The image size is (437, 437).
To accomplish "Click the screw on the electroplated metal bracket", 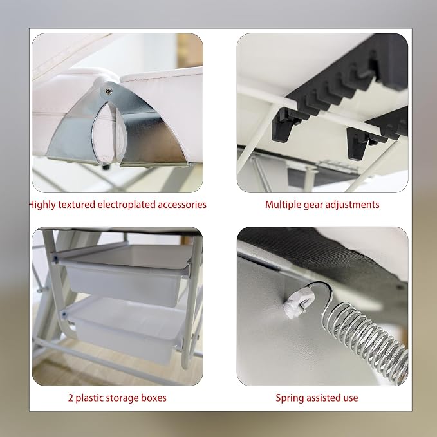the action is point(108,91).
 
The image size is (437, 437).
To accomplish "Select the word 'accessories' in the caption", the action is point(182,205).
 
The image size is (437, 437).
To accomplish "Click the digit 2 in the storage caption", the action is point(71,398).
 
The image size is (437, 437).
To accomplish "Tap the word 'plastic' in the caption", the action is point(90,398).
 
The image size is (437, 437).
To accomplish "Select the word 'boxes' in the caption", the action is point(154,398).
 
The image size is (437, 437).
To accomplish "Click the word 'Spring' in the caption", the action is point(289,398).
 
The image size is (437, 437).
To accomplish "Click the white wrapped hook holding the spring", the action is point(298,302).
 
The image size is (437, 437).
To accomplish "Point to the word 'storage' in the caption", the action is point(123,398).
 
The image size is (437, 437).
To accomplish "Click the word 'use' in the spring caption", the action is point(351,398).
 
